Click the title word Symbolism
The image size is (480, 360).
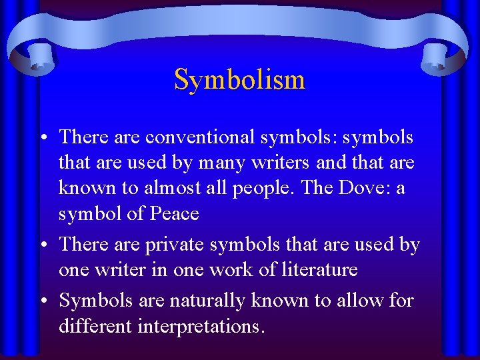tap(239, 80)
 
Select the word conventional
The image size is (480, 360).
tap(200, 137)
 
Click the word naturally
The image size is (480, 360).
tap(207, 301)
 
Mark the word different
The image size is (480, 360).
tap(99, 326)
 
